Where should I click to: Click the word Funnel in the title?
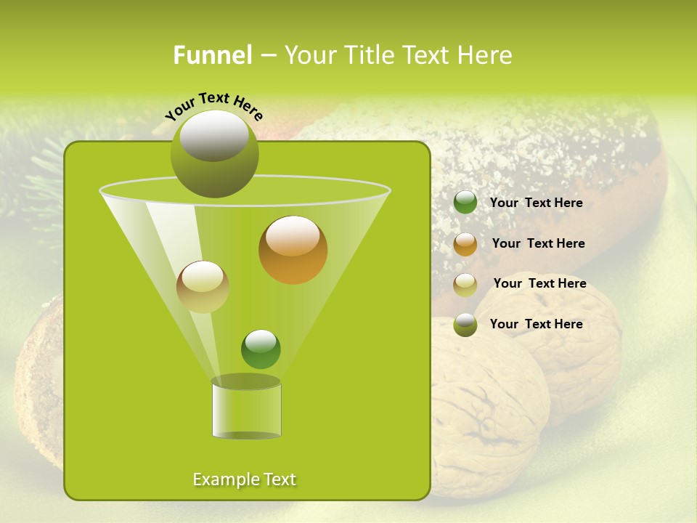(213, 55)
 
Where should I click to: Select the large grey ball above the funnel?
(215, 154)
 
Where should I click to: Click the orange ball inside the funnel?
(293, 250)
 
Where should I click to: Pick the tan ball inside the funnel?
(203, 287)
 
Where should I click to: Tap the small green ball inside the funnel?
(261, 349)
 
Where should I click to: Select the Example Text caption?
(244, 479)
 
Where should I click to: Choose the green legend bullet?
(465, 203)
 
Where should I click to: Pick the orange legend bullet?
(465, 244)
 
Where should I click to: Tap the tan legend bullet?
(465, 285)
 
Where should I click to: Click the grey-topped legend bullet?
(465, 325)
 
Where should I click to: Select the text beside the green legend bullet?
(536, 203)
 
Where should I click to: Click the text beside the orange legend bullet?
(538, 243)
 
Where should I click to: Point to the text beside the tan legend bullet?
(539, 283)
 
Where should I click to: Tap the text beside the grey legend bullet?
(536, 324)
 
